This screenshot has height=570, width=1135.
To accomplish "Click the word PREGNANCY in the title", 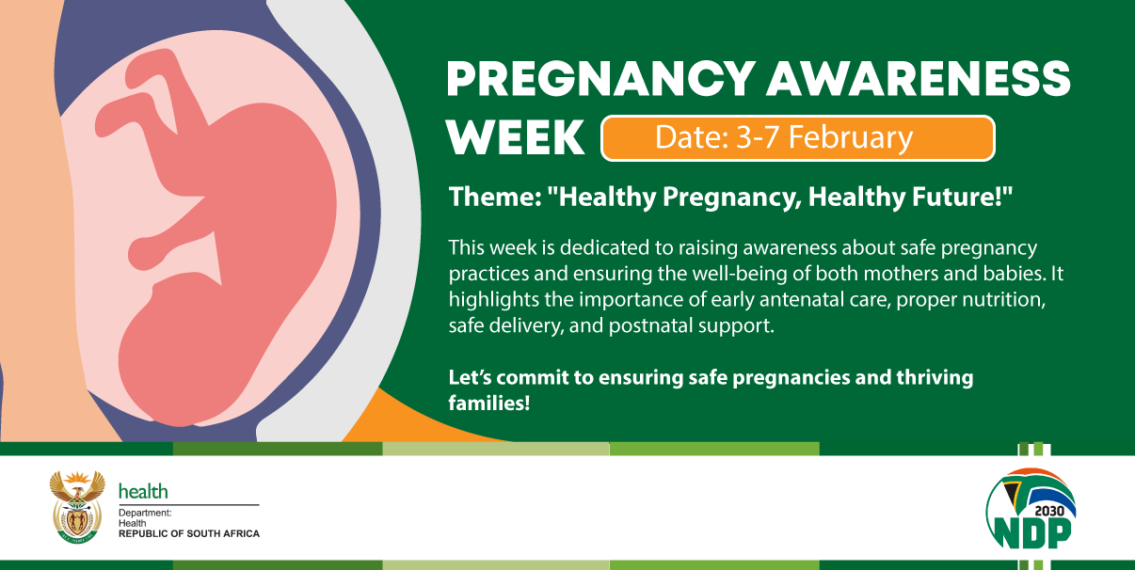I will click(599, 79).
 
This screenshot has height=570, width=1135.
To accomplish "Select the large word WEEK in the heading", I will click(515, 138).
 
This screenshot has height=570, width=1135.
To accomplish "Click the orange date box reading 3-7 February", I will click(797, 138).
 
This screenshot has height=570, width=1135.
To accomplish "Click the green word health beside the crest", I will click(143, 491).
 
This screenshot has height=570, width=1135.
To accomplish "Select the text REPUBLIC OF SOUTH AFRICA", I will click(188, 534).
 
